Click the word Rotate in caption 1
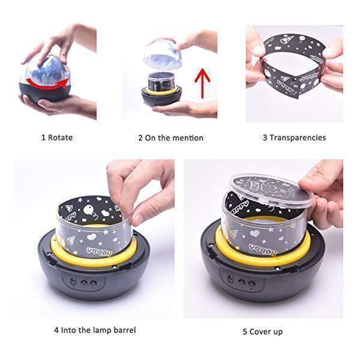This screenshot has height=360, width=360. pos(60,137)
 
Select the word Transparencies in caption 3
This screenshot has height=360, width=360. pos(298,137)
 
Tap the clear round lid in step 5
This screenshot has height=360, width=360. pos(266,191)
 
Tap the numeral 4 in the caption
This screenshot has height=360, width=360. pos(56,329)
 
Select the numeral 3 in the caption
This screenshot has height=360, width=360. pos(265,137)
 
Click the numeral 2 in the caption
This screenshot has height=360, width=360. pos(140,138)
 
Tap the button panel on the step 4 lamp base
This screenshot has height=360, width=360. pos(85,280)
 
